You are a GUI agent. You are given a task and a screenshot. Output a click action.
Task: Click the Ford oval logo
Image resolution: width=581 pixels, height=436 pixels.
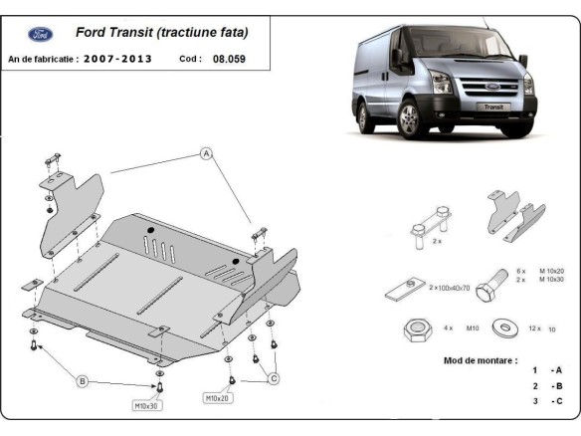click(x=41, y=34)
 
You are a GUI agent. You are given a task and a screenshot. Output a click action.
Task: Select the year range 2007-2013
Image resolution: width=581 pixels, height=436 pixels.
click(x=118, y=59)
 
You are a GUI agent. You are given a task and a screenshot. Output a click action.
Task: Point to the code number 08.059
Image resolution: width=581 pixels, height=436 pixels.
click(x=229, y=59)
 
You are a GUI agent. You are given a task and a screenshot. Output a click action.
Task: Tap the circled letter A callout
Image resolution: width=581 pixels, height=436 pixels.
click(x=207, y=154)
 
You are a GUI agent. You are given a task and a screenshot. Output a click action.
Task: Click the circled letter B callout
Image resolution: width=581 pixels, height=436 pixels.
click(x=84, y=380)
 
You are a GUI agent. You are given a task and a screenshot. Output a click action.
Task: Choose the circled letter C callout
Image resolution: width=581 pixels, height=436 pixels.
click(x=274, y=377)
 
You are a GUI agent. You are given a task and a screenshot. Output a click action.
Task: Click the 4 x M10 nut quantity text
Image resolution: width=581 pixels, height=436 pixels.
click(x=459, y=327)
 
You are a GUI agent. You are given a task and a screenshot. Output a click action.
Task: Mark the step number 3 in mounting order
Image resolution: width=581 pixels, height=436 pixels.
click(x=534, y=401)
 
